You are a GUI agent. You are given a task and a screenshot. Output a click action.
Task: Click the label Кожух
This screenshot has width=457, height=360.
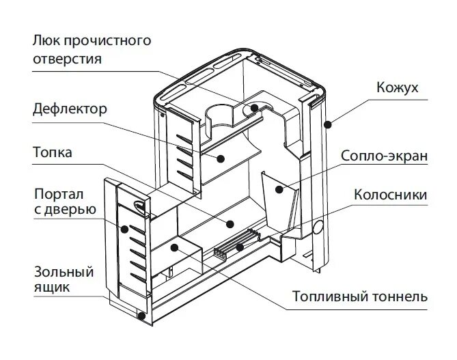click(x=398, y=88)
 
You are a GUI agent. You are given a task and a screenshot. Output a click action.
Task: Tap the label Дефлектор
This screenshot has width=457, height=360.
click(x=69, y=109)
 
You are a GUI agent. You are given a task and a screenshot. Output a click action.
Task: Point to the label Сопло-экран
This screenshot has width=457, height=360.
click(x=385, y=156)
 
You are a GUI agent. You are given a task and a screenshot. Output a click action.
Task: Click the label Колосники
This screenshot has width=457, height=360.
click(x=390, y=195)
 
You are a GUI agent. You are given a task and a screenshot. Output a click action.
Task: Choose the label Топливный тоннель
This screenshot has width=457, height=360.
click(x=360, y=297)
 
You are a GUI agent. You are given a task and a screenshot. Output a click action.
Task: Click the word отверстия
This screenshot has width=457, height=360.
click(x=67, y=59)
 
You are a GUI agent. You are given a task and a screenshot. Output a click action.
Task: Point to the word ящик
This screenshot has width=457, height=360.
click(x=51, y=288)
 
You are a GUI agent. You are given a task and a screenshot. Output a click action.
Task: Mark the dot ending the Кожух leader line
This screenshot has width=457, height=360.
click(x=328, y=123)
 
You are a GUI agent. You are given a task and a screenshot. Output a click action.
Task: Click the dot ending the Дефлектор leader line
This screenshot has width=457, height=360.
click(x=221, y=158)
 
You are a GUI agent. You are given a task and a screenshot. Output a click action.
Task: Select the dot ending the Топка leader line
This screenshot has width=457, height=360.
click(x=230, y=222)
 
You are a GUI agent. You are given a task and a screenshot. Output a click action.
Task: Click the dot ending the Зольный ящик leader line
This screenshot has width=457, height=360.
click(x=141, y=316)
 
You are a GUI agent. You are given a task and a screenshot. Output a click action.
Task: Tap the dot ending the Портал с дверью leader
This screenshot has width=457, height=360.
click(x=125, y=229)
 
